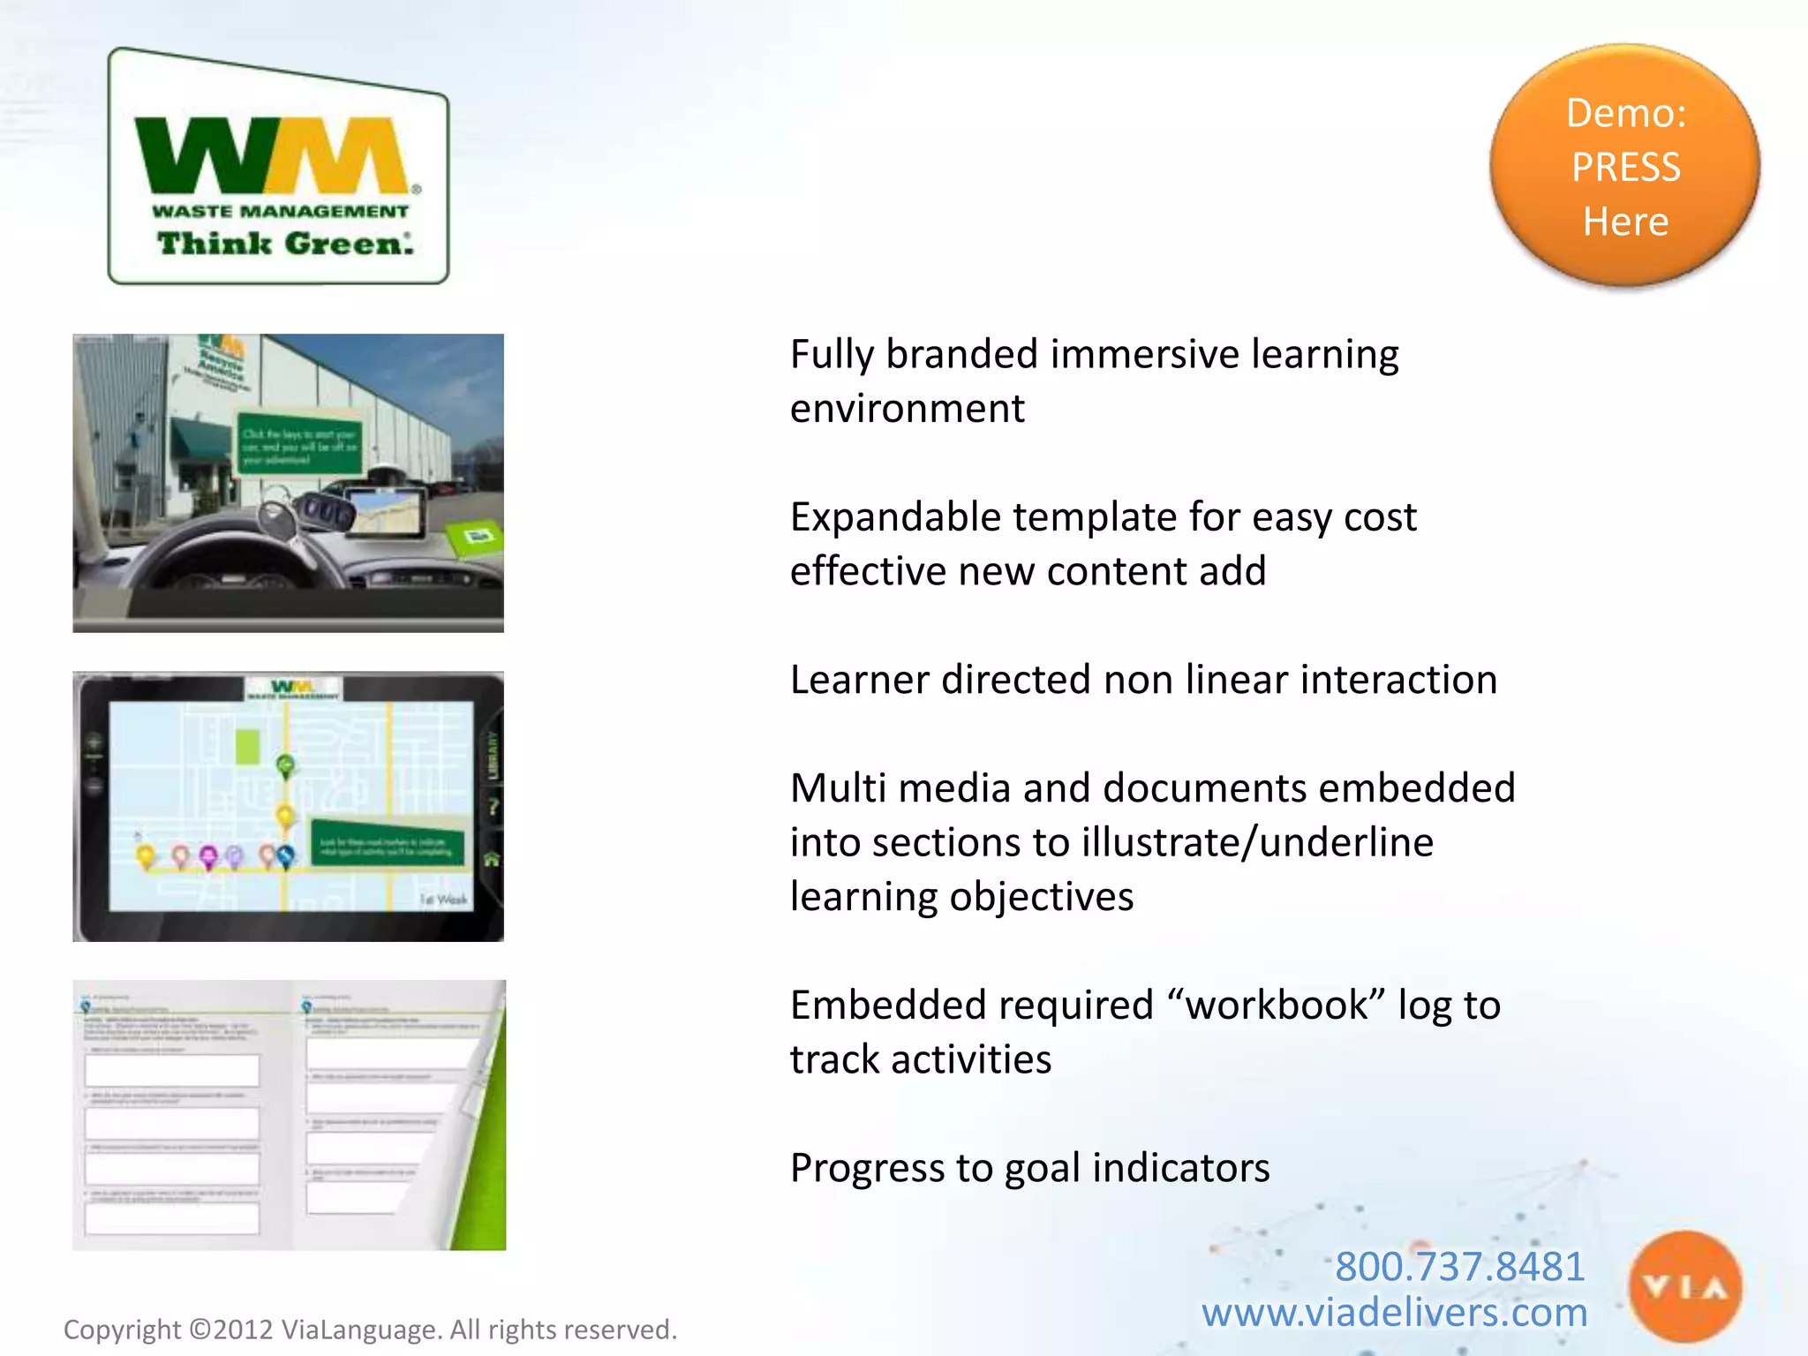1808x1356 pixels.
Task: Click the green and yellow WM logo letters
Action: click(274, 155)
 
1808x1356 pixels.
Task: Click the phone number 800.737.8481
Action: click(1459, 1266)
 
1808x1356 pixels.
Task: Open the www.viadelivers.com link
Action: click(1394, 1313)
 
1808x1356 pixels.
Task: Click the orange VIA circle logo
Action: click(1685, 1288)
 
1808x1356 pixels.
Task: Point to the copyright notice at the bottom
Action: click(370, 1330)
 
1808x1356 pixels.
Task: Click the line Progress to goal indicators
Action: click(1029, 1168)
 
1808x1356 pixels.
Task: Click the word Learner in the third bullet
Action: click(859, 681)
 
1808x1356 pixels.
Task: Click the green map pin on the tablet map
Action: click(285, 765)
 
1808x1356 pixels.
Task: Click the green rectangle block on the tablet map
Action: click(248, 747)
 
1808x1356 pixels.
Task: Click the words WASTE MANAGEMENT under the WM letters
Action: click(280, 212)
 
